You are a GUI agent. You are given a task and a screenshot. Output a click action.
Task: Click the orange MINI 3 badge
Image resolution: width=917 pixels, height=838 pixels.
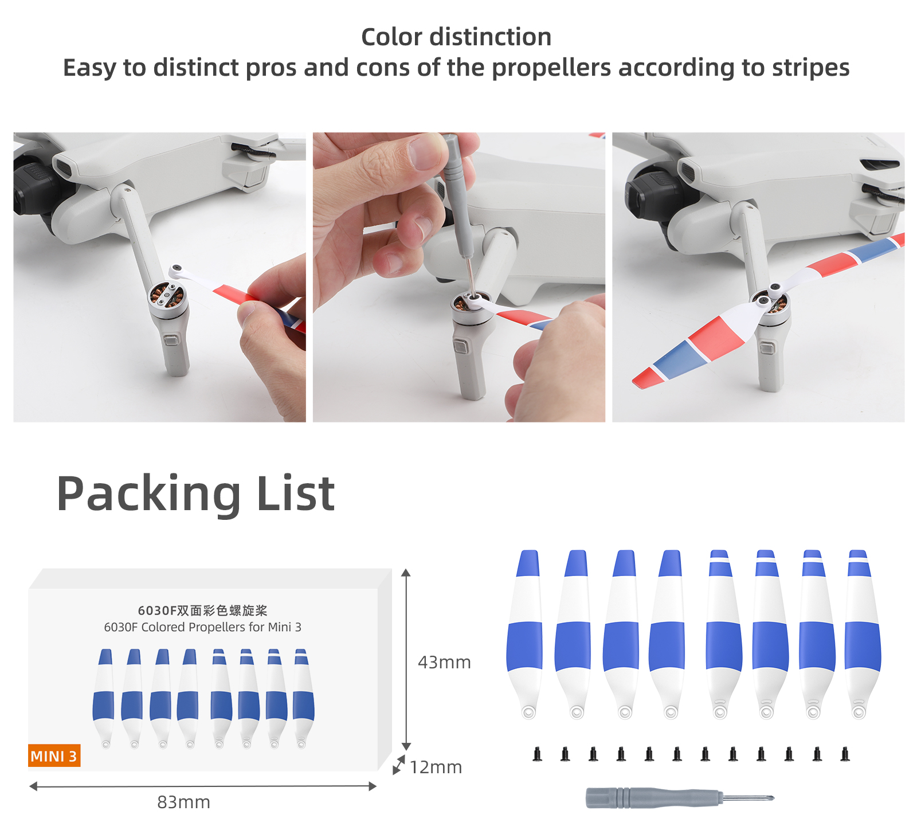[54, 755]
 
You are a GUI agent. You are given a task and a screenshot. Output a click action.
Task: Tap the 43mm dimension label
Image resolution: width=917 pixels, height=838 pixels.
[444, 662]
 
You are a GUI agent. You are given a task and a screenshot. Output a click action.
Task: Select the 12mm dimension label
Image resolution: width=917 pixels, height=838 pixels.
[436, 767]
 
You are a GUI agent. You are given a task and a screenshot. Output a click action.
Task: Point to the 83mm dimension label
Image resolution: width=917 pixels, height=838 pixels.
[183, 802]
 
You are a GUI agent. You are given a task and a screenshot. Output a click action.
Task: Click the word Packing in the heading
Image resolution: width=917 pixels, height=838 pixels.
[148, 494]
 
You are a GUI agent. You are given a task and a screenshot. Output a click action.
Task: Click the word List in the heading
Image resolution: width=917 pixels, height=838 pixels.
[296, 494]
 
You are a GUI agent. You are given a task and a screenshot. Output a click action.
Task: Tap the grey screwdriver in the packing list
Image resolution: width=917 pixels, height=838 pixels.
[680, 797]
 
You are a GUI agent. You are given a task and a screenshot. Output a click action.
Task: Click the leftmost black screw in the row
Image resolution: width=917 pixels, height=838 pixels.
[537, 754]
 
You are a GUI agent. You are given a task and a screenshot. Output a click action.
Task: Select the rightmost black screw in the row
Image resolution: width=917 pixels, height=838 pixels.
[845, 754]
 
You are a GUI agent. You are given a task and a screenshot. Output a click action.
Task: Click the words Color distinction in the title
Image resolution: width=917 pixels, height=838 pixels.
[456, 37]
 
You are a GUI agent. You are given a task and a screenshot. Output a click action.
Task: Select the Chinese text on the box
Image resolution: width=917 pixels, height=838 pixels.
[203, 610]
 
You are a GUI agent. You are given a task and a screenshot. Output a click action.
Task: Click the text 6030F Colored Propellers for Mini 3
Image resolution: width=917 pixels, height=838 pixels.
[203, 627]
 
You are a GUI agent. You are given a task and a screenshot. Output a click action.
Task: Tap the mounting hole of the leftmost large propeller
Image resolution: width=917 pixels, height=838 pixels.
[528, 712]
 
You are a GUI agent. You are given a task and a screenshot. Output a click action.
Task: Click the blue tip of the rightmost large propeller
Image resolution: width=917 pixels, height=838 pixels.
[859, 562]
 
